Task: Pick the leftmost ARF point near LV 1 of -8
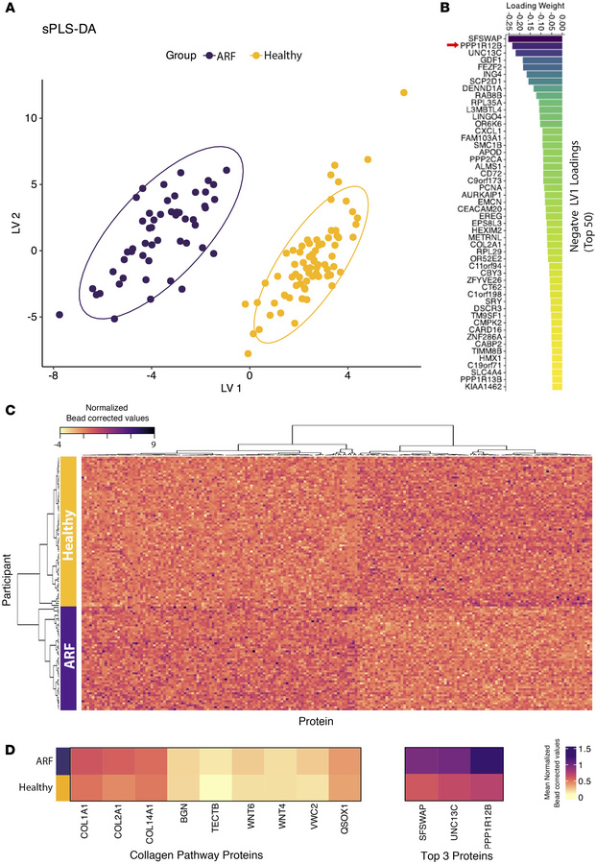click(60, 314)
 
